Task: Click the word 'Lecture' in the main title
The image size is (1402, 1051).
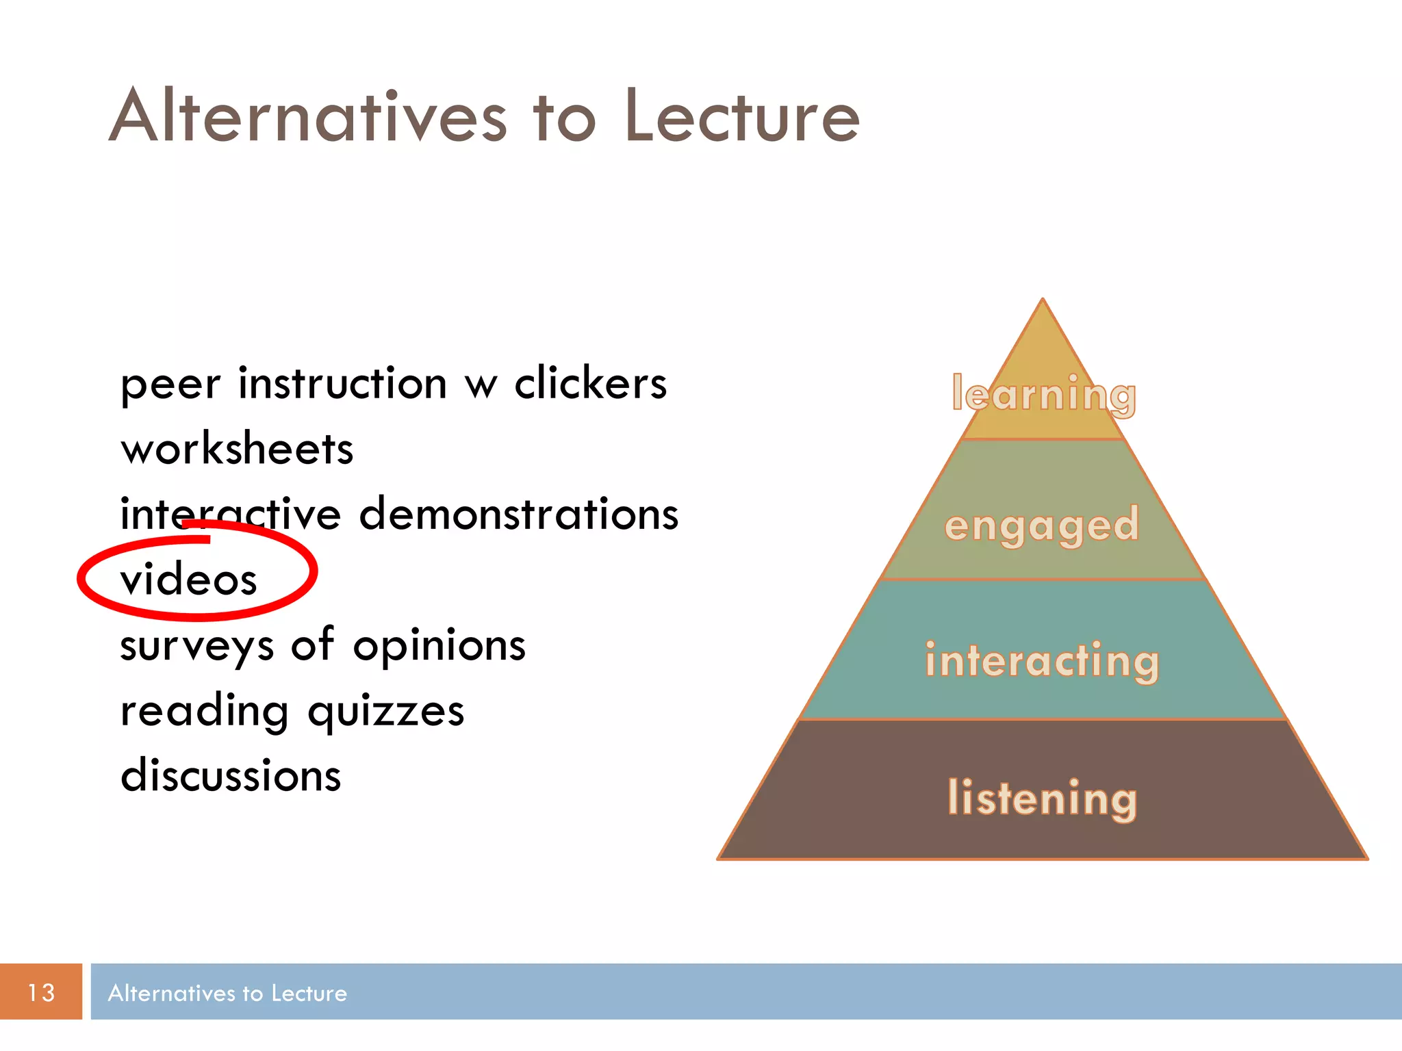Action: [x=742, y=116]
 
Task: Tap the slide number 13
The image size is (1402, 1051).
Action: [x=41, y=992]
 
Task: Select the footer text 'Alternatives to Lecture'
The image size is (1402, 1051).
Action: [x=227, y=993]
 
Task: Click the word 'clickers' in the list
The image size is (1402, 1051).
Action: [x=590, y=383]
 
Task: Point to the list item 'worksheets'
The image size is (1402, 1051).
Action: [x=237, y=449]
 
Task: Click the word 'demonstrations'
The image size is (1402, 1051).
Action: [x=518, y=514]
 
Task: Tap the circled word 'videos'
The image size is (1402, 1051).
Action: [x=189, y=580]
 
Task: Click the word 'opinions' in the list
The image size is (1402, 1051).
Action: [x=439, y=645]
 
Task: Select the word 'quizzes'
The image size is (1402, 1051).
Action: [x=385, y=712]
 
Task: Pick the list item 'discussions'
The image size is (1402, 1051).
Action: [x=231, y=776]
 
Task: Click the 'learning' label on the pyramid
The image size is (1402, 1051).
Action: [x=1043, y=395]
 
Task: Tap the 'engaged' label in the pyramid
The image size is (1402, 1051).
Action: [x=1042, y=525]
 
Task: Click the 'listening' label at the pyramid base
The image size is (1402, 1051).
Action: [x=1042, y=798]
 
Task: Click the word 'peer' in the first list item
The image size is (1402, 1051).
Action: [x=170, y=385]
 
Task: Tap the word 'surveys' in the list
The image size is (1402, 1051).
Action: [x=196, y=647]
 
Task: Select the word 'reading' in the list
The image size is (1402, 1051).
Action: [x=204, y=712]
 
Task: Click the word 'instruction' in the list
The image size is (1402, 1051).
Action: [x=342, y=383]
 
